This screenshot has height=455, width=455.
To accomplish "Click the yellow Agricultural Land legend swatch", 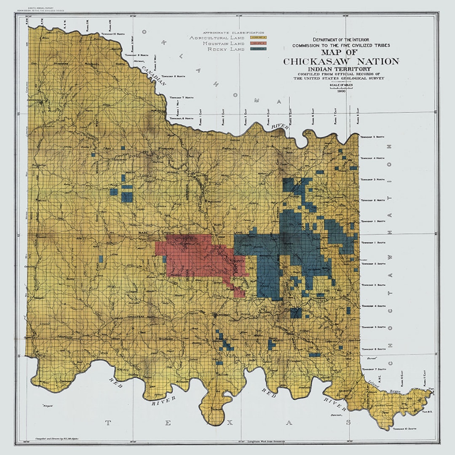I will [259, 37].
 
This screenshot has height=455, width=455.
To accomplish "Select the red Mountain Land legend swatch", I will [259, 43].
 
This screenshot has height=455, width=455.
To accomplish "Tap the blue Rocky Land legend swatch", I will [259, 49].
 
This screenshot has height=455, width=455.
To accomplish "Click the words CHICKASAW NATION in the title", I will [341, 62].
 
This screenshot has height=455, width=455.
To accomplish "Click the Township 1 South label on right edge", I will [372, 243].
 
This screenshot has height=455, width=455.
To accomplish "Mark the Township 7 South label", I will [373, 369].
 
